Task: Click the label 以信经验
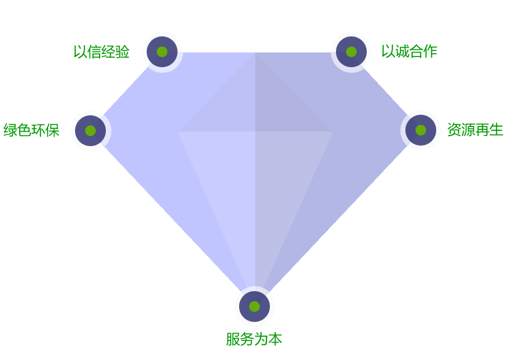click(101, 52)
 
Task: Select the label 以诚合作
click(409, 52)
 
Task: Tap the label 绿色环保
click(31, 130)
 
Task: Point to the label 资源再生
click(475, 130)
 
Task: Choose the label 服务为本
click(254, 339)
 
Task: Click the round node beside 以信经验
click(162, 52)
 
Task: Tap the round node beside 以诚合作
click(351, 52)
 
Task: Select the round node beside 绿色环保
click(90, 130)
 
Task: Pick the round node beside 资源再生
click(421, 130)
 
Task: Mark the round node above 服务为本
click(254, 306)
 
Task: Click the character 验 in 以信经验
click(123, 52)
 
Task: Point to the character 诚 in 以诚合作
click(402, 52)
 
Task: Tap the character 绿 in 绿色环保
click(10, 130)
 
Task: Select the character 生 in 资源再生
click(496, 130)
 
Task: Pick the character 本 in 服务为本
click(275, 339)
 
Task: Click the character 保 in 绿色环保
click(53, 130)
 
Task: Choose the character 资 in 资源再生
click(454, 130)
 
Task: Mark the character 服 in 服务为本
click(233, 339)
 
